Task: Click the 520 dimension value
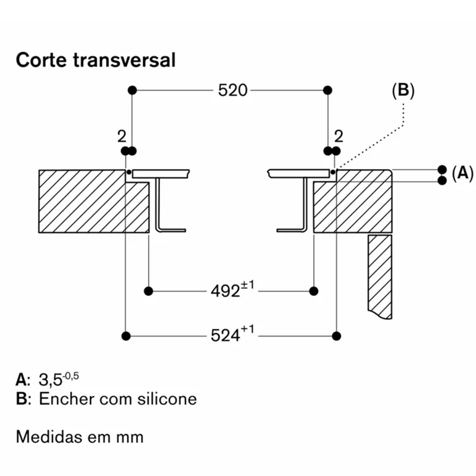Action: point(233,90)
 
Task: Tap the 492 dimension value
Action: point(226,292)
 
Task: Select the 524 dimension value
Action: point(226,336)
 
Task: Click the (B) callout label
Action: point(403,90)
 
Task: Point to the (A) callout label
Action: point(462,173)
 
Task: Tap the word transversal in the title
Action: point(124,60)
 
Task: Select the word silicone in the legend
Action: point(167,399)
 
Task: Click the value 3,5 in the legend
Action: point(51,380)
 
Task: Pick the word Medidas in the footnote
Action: point(49,437)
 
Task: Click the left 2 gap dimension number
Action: point(122,137)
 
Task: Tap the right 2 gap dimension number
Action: point(339,137)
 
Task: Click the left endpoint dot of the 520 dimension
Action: point(132,90)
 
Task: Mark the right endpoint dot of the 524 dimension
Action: point(336,336)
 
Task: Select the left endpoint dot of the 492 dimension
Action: point(148,291)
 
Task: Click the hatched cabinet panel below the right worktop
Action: point(380,277)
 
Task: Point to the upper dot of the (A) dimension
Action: point(442,170)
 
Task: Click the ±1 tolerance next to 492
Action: point(248,286)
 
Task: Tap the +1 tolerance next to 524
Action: point(248,330)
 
